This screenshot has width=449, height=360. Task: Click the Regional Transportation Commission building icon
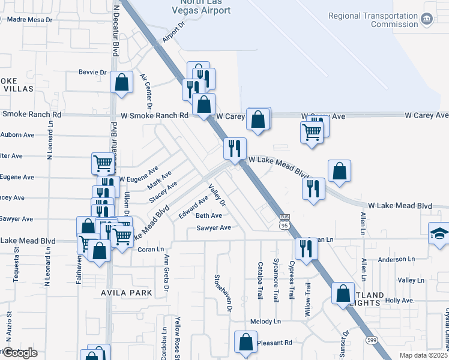click(427, 19)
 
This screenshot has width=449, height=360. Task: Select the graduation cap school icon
click(439, 233)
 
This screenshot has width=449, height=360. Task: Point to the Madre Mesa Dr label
click(26, 19)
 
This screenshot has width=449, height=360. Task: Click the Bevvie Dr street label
click(92, 72)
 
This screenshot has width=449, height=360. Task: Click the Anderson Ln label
click(396, 260)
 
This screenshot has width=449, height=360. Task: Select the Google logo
click(20, 353)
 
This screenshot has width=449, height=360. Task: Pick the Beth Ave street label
click(209, 215)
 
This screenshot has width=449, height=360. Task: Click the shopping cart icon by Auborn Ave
click(103, 163)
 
